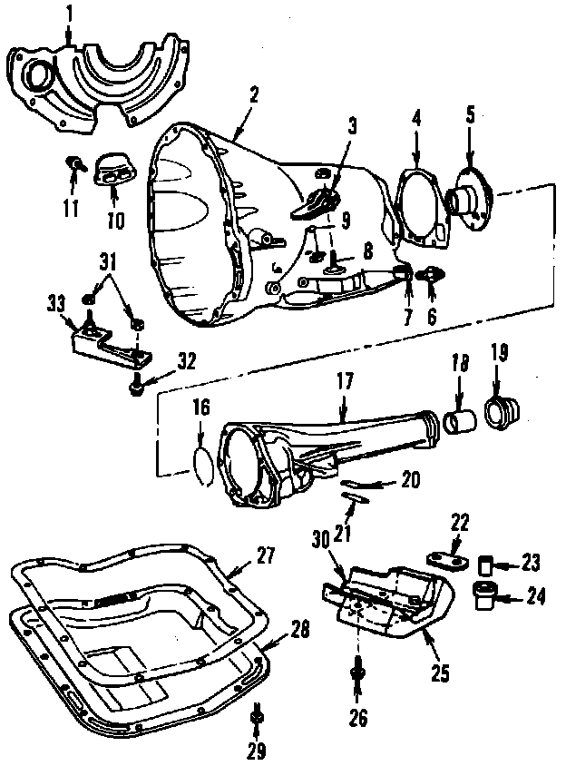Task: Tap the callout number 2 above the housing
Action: pyautogui.click(x=255, y=94)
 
